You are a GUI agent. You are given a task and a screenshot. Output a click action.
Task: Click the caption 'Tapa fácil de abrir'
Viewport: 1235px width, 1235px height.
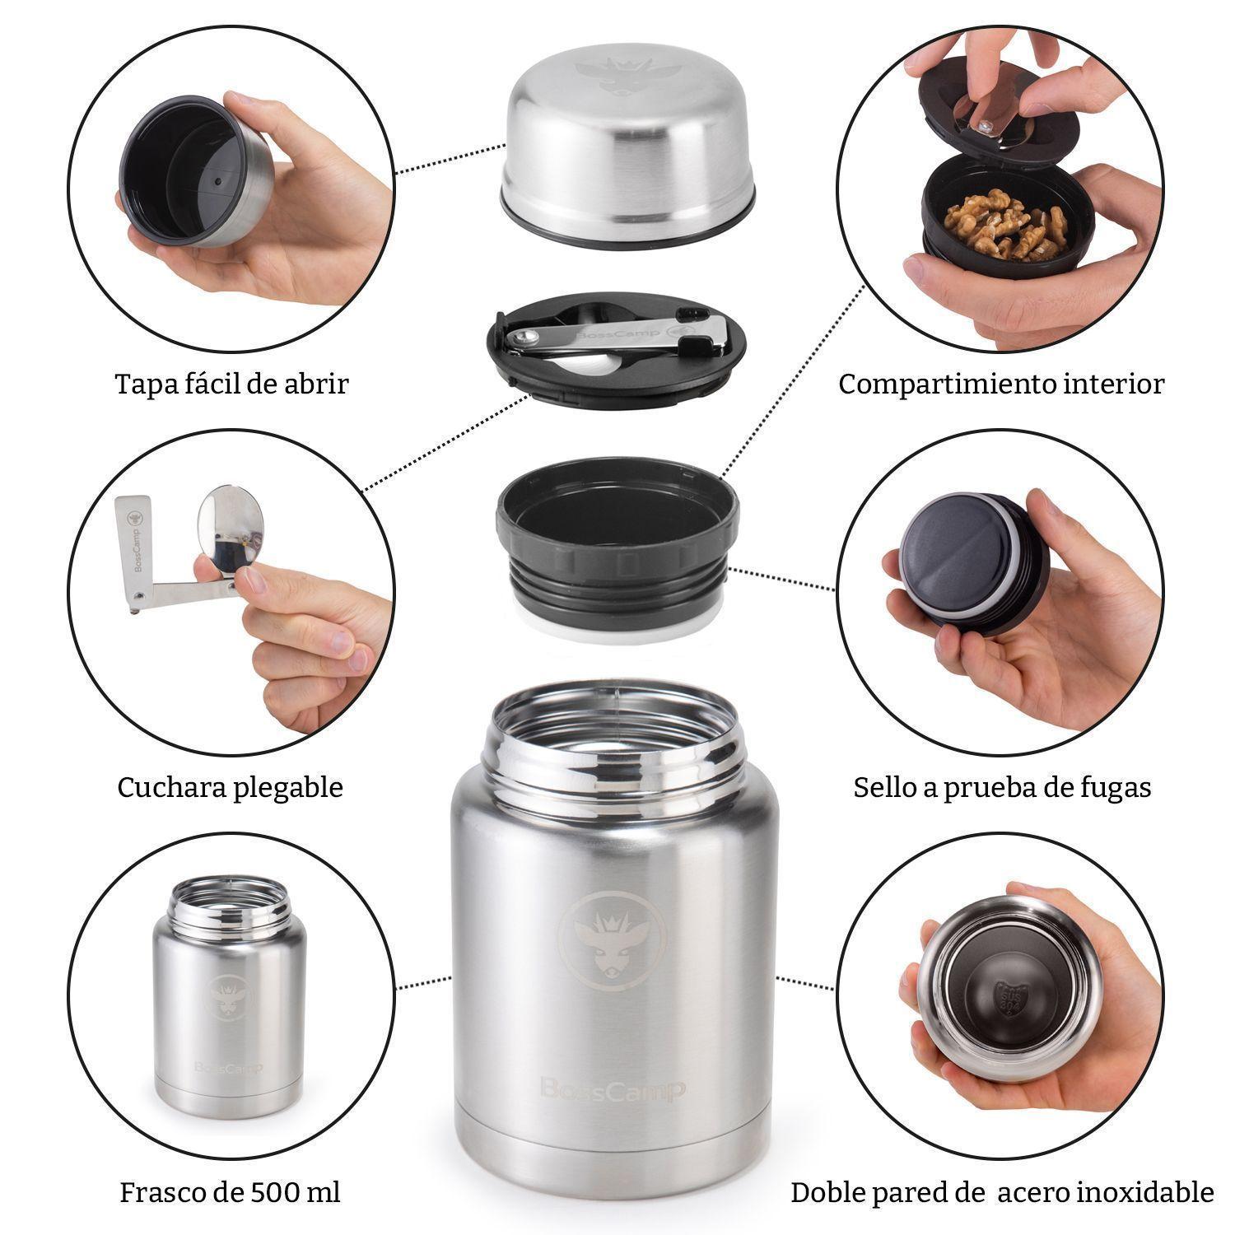(231, 384)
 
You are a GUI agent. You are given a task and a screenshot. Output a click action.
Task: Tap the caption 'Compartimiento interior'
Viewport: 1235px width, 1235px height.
(1001, 384)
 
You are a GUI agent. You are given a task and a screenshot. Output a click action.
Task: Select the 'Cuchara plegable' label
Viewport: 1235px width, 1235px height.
(230, 787)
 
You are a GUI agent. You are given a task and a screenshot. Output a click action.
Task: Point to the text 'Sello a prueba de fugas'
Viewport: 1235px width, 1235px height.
(1002, 787)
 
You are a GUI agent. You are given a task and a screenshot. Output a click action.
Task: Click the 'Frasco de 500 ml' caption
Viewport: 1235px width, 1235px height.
(230, 1192)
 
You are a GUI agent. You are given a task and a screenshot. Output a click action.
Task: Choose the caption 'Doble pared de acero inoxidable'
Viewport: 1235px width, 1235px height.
(1002, 1192)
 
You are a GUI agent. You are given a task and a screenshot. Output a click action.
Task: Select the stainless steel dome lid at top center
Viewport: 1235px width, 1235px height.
(627, 156)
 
